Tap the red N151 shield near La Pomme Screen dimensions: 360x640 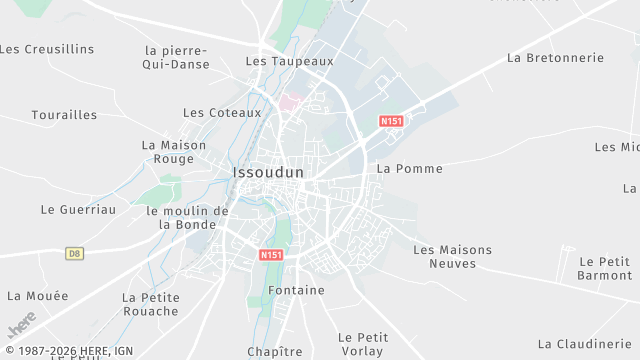pos(391,121)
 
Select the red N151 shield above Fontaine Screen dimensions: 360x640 pos(271,255)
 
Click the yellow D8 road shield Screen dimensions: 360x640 pos(75,254)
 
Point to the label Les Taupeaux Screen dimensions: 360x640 pos(289,61)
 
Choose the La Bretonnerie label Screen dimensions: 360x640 pos(555,58)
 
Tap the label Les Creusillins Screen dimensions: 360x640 pos(46,49)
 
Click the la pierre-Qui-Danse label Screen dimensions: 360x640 pos(177,58)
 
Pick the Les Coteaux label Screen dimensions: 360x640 pos(222,113)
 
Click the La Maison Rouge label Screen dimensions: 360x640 pos(174,152)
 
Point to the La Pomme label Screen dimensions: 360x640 pos(409,169)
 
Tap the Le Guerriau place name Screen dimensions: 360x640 pos(78,210)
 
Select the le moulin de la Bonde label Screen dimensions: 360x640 pos(187,218)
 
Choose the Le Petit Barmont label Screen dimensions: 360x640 pos(604,268)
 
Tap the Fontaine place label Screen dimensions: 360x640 pos(297,291)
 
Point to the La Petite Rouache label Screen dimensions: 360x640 pos(151,304)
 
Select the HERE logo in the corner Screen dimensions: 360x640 pos(21,325)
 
